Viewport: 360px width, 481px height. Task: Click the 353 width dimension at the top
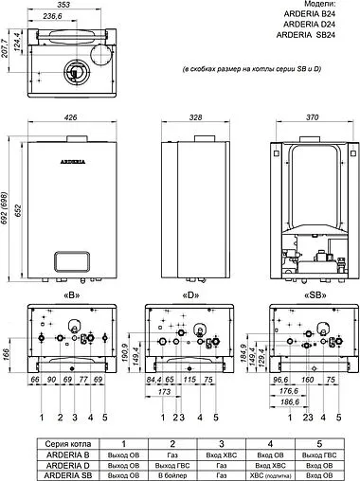point(64,5)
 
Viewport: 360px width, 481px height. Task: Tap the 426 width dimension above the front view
point(64,119)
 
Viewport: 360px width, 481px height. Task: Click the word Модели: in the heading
point(329,5)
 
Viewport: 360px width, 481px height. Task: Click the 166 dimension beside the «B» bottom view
point(8,354)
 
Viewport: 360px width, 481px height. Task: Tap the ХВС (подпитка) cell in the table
point(264,473)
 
